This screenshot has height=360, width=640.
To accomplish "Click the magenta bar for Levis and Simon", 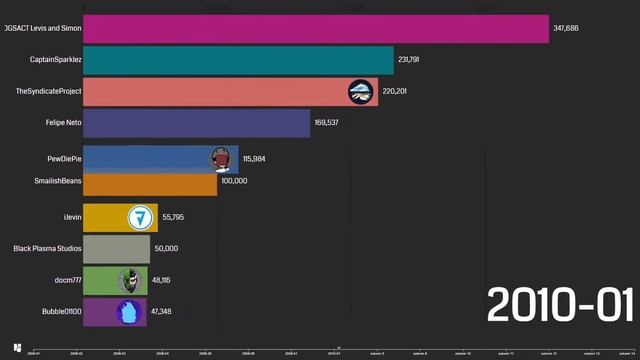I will point(315,29).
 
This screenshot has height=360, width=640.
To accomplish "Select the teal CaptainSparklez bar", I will point(238,60).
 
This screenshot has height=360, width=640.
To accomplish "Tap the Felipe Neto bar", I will point(196,123).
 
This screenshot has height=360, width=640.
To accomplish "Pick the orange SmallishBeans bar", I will point(149,184).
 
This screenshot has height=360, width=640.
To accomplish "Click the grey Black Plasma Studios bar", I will point(116,248).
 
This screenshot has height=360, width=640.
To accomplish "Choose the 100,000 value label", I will point(234,181).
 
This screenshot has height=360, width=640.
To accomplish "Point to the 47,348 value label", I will point(163,312).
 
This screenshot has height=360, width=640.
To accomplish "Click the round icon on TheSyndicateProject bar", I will point(361,92).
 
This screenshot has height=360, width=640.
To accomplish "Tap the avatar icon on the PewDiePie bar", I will point(221,158).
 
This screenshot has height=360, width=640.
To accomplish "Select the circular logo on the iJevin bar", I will point(140,217).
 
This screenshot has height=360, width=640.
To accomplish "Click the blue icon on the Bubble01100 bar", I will point(127,312).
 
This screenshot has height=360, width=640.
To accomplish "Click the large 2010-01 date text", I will point(560,305).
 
